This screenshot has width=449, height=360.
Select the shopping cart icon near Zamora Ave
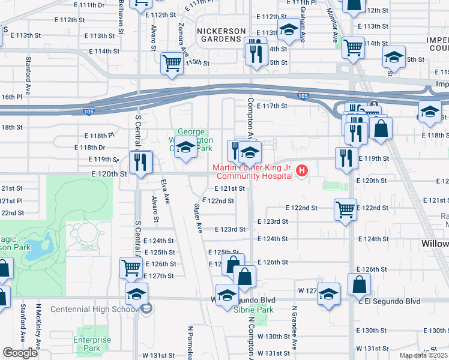[172, 63]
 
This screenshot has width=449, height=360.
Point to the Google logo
[20, 352]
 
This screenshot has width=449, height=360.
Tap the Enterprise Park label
[92, 344]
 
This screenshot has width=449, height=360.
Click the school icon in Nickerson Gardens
[289, 30]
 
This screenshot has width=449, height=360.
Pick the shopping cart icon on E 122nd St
[346, 210]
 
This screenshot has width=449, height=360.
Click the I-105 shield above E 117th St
[303, 95]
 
